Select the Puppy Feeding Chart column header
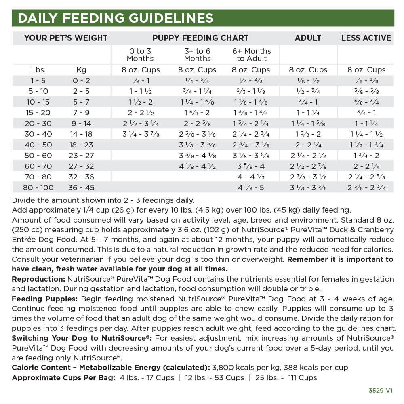(x=200, y=38)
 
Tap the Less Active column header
(x=366, y=38)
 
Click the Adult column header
(x=308, y=38)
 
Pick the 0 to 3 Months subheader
(x=141, y=55)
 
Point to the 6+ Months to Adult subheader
(x=252, y=55)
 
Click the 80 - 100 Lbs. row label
(x=38, y=187)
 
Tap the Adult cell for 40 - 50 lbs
(x=308, y=145)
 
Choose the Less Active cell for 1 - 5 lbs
(x=366, y=80)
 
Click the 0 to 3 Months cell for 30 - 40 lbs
(x=141, y=134)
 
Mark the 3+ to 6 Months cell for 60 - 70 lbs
(x=197, y=166)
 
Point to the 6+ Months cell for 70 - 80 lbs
(x=251, y=177)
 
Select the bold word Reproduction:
(x=38, y=279)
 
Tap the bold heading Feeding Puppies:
(x=45, y=299)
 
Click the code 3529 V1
(x=380, y=391)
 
